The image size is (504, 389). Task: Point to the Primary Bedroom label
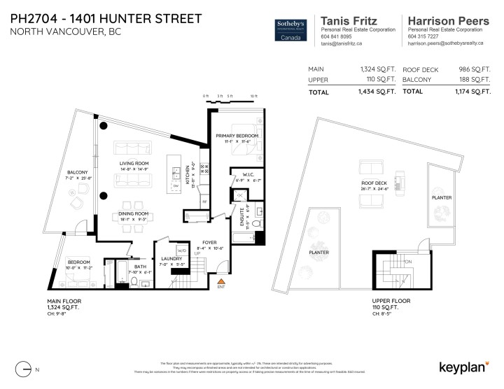[x=237, y=134]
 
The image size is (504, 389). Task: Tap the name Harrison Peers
[x=448, y=21]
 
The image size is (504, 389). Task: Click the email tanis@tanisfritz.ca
[x=341, y=43]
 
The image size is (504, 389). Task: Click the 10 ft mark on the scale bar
[x=253, y=96]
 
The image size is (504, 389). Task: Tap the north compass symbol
[x=26, y=367]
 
